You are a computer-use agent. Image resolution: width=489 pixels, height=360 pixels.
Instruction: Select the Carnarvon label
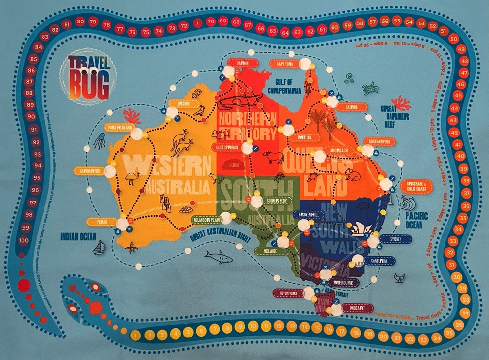(x=89, y=171)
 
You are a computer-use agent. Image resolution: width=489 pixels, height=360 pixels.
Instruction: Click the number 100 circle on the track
(x=23, y=240)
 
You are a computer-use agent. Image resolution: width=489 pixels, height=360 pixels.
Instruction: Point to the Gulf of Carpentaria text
(x=288, y=87)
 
